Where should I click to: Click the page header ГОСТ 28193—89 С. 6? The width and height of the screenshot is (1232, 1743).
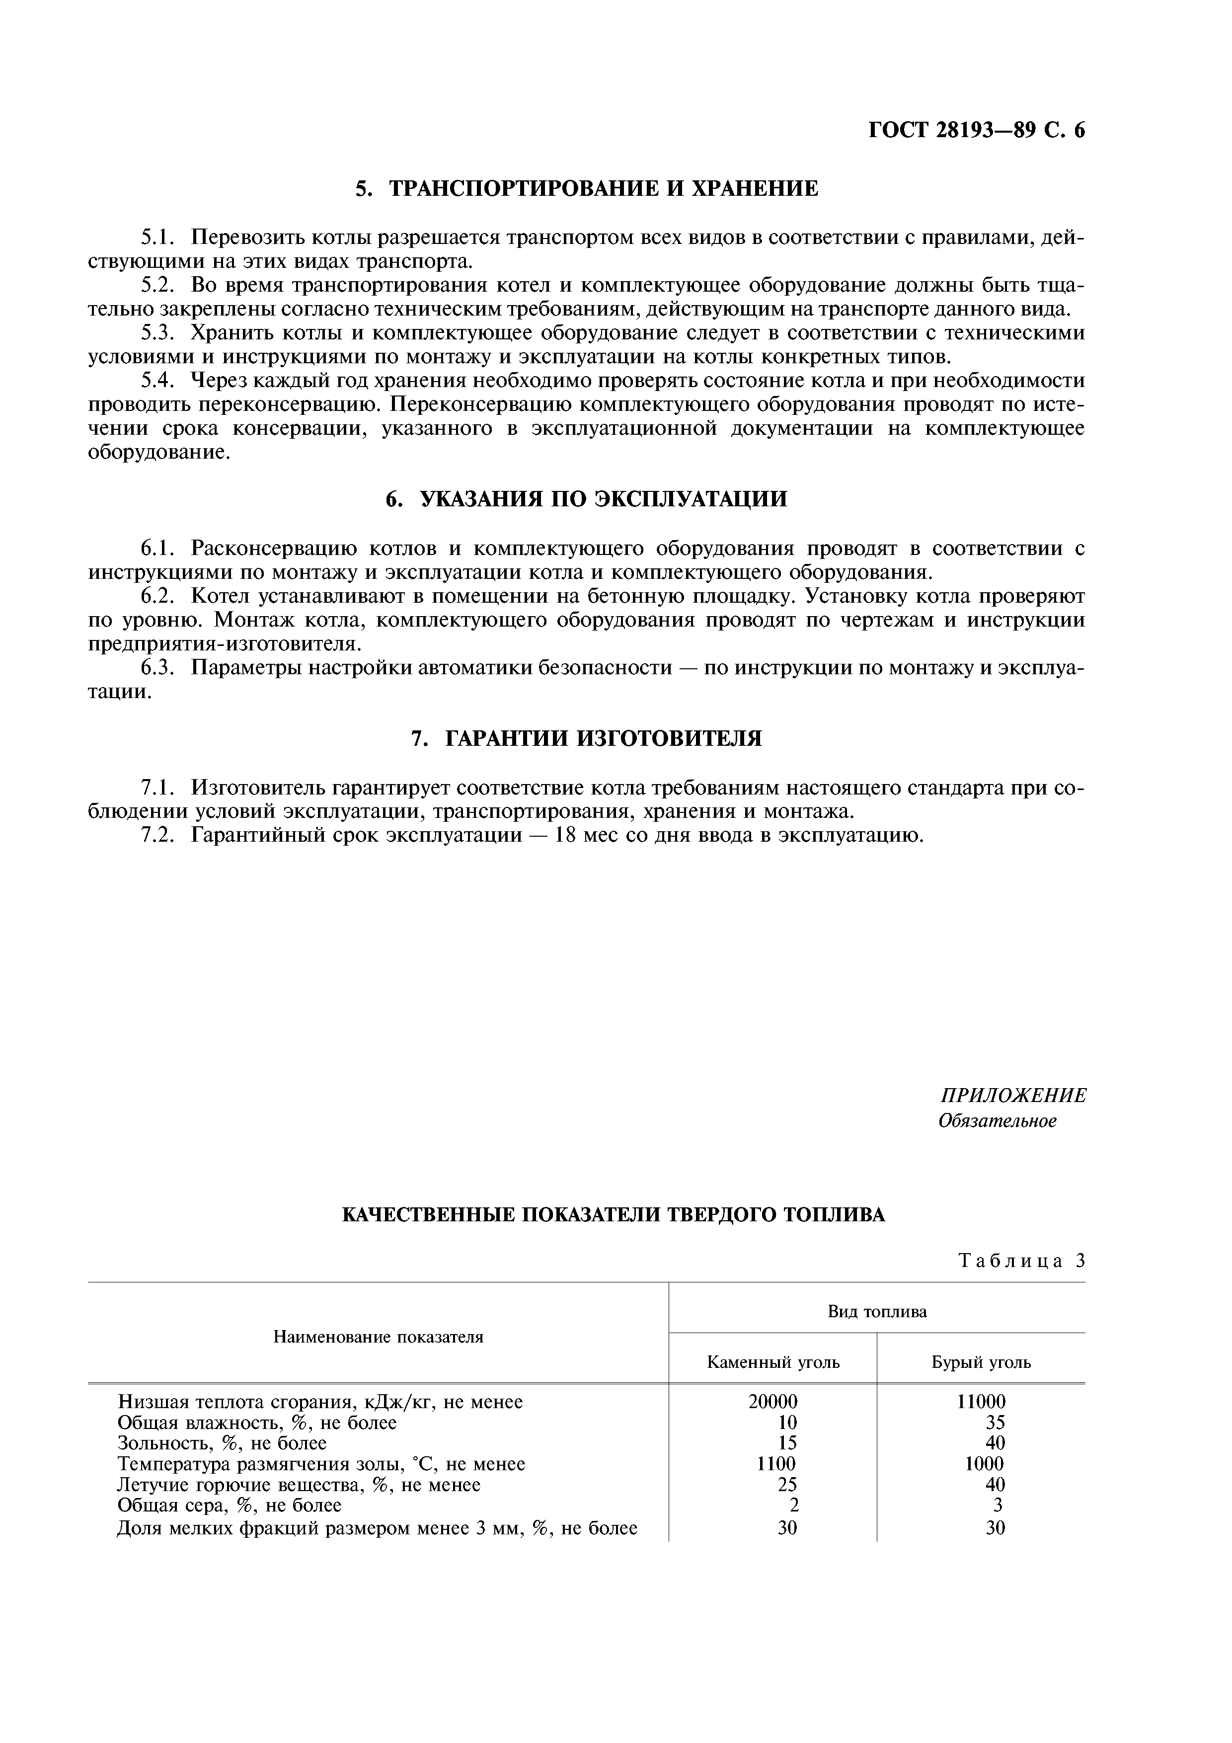976,131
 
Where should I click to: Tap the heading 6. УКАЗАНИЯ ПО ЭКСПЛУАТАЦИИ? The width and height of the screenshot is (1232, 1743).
587,499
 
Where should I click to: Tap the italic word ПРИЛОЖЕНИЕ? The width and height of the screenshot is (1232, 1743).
1012,1096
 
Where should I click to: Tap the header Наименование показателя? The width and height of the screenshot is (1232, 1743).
378,1337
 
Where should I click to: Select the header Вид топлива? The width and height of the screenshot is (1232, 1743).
877,1312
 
